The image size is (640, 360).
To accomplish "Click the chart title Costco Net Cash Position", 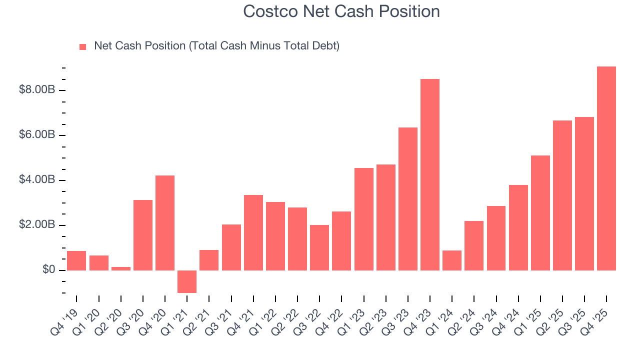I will [341, 11].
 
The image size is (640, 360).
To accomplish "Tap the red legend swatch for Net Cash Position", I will [83, 46].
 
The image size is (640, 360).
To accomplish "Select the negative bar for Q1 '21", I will [187, 281].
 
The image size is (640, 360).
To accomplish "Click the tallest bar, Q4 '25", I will [606, 168].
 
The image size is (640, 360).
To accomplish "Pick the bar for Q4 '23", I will [430, 175].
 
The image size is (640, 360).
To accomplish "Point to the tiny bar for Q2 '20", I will [121, 268].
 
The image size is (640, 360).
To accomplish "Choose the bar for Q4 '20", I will [165, 223].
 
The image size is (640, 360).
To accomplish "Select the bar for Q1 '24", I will [452, 260].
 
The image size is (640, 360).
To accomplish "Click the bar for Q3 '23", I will [408, 199].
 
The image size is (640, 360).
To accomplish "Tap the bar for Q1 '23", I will [363, 219].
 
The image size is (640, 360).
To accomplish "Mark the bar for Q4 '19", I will [76, 260].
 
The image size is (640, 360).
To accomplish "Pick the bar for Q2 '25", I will [562, 195].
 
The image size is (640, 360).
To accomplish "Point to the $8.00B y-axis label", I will [37, 90].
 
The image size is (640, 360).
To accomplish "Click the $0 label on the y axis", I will [48, 270].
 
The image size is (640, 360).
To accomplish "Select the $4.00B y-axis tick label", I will [37, 180].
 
